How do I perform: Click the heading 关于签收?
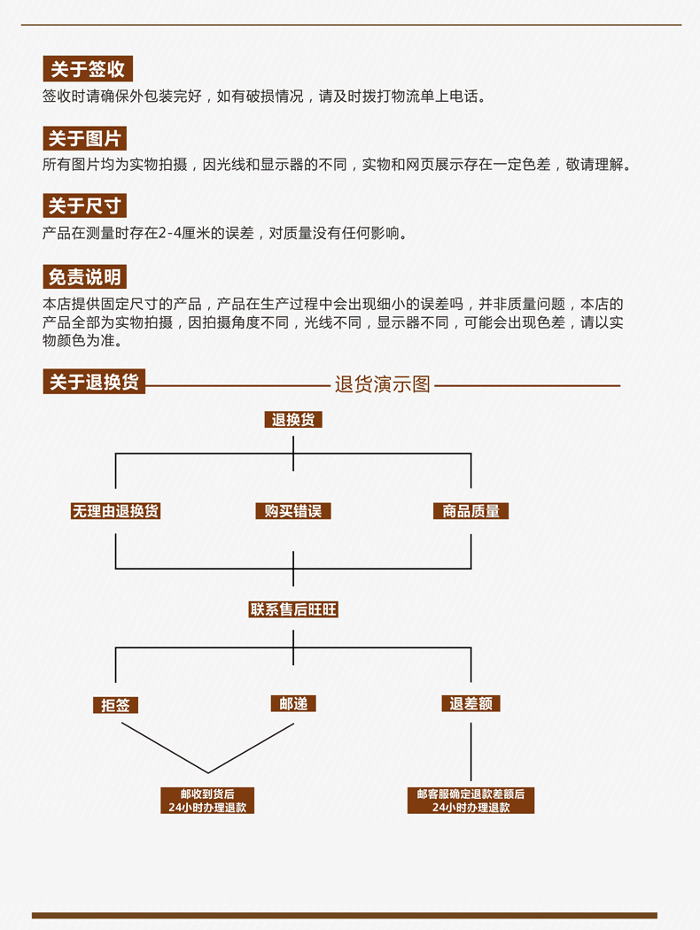pyautogui.click(x=88, y=69)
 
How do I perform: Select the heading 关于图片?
pyautogui.click(x=84, y=138)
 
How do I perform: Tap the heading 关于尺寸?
pyautogui.click(x=84, y=205)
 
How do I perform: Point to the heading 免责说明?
pyautogui.click(x=84, y=277)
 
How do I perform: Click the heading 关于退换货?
pyautogui.click(x=94, y=382)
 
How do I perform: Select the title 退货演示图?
pyautogui.click(x=383, y=384)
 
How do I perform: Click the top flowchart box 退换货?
pyautogui.click(x=293, y=420)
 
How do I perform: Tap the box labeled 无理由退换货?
pyautogui.click(x=115, y=511)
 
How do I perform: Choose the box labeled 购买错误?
pyautogui.click(x=293, y=511)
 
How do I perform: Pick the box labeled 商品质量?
pyautogui.click(x=471, y=511)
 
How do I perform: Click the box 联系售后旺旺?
pyautogui.click(x=293, y=609)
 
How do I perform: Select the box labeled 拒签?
pyautogui.click(x=115, y=705)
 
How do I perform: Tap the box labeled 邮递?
pyautogui.click(x=293, y=704)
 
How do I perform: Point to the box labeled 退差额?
pyautogui.click(x=471, y=704)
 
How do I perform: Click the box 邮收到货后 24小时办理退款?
pyautogui.click(x=207, y=801)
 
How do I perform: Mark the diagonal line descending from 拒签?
pyautogui.click(x=165, y=748)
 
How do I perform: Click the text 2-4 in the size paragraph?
pyautogui.click(x=169, y=233)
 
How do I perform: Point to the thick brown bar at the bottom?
pyautogui.click(x=345, y=915)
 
